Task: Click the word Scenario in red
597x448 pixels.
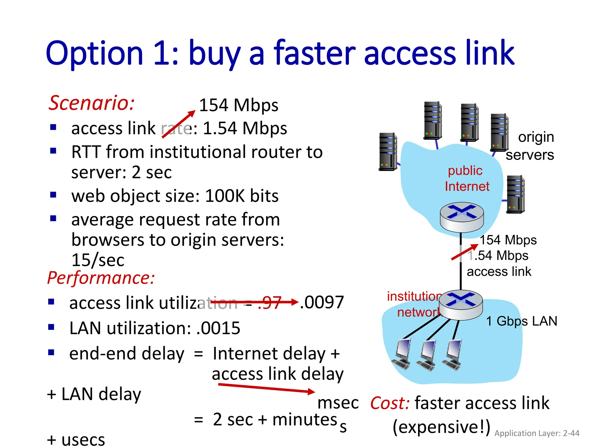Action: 91,103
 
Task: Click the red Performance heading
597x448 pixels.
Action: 101,278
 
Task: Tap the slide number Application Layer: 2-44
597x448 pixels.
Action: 537,433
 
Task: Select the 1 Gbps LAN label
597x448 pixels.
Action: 522,321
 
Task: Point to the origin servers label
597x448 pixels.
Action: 530,146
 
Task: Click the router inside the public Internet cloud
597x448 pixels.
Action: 462,217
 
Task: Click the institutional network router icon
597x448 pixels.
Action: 461,305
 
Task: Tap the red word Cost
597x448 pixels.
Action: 390,403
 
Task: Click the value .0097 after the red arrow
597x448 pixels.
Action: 322,302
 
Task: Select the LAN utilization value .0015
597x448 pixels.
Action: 218,328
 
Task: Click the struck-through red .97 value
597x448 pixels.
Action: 270,302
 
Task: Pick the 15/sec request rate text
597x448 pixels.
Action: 98,260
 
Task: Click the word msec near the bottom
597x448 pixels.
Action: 338,403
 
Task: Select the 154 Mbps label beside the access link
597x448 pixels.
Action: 508,240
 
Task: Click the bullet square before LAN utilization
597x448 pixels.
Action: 51,327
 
